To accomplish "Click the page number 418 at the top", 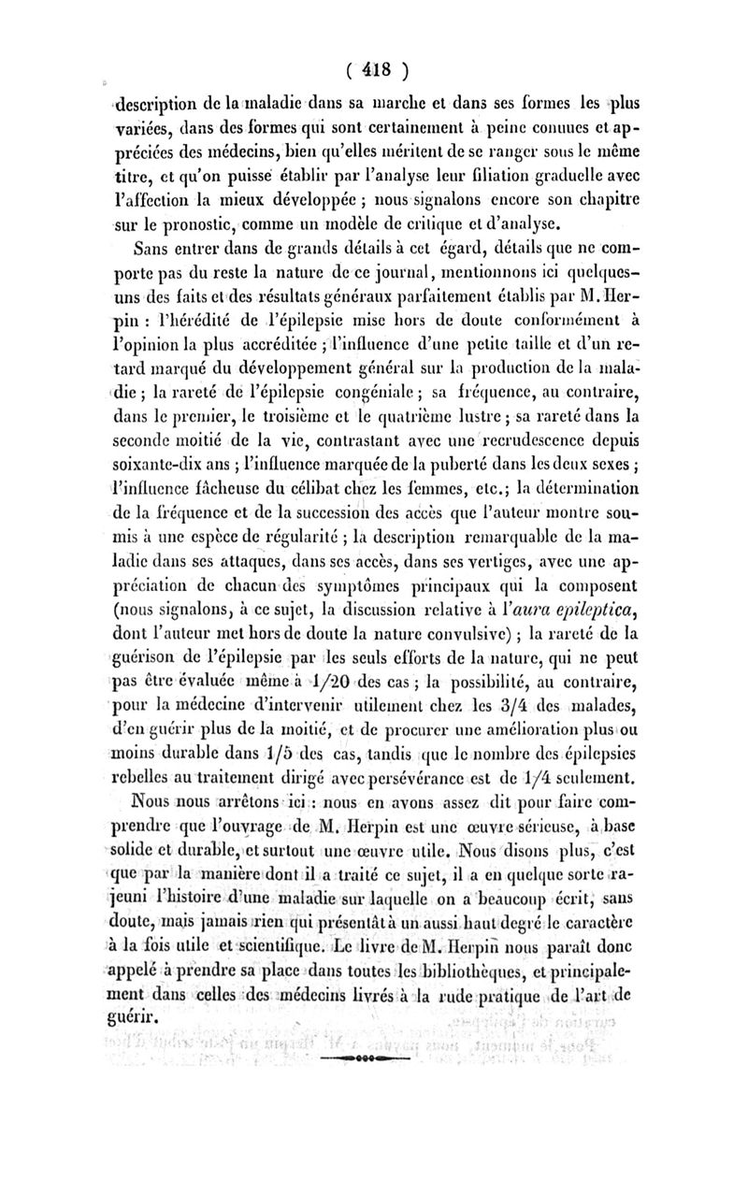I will point(374,70).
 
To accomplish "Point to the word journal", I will point(389,273).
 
